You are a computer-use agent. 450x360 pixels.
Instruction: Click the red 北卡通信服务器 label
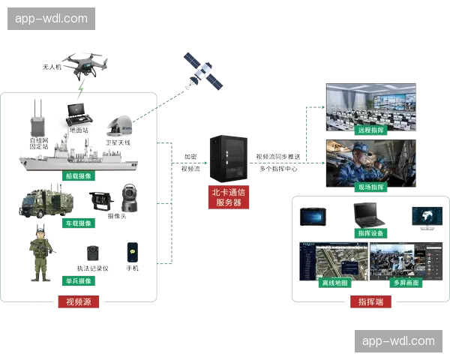pyautogui.click(x=229, y=196)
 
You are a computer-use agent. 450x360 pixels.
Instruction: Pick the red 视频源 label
pyautogui.click(x=78, y=302)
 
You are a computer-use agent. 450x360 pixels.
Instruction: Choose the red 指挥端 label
pyautogui.click(x=367, y=302)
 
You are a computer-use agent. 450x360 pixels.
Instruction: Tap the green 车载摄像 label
pyautogui.click(x=78, y=223)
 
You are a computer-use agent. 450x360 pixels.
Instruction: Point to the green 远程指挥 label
pyautogui.click(x=370, y=130)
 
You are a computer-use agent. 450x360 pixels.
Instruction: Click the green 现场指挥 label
pyautogui.click(x=370, y=186)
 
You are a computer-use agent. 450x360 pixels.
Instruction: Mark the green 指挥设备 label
pyautogui.click(x=370, y=233)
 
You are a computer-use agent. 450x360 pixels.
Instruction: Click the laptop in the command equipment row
pyautogui.click(x=368, y=214)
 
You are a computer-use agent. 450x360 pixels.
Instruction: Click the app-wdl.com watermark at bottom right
pyautogui.click(x=397, y=341)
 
